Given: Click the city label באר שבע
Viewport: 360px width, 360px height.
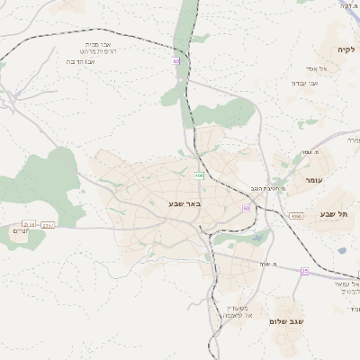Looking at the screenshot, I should click(x=184, y=203).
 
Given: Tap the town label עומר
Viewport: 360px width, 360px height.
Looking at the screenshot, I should click(x=313, y=181).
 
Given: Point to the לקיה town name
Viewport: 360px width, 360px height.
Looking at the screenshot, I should click(x=346, y=49).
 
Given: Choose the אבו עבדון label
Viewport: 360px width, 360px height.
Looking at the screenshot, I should click(x=305, y=84).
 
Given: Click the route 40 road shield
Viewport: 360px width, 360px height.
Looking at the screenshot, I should click(x=176, y=61).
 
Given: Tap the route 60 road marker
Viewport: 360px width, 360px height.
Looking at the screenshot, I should click(x=247, y=208).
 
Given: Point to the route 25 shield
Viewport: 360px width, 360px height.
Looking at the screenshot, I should click(x=304, y=270).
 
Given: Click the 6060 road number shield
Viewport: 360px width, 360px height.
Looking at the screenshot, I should click(x=296, y=216).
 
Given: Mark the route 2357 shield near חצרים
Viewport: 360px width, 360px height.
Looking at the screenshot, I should click(x=48, y=224).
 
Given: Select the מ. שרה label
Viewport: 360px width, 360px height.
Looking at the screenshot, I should click(x=266, y=264).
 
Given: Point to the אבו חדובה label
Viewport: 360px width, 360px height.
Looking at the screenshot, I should click(x=83, y=63).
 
